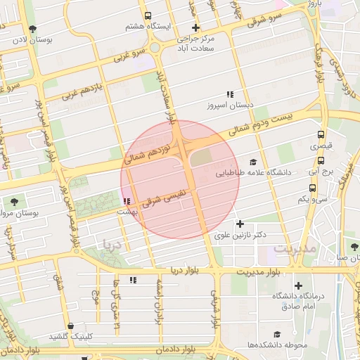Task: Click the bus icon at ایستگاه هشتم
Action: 148,15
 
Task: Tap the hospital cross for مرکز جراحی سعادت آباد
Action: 196,27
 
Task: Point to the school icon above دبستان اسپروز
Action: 229,94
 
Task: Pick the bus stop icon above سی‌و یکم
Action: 312,188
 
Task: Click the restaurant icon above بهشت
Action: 126,202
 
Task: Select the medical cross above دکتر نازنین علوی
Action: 240,224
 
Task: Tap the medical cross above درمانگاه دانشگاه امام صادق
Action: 299,285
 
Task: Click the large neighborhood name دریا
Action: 112,245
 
